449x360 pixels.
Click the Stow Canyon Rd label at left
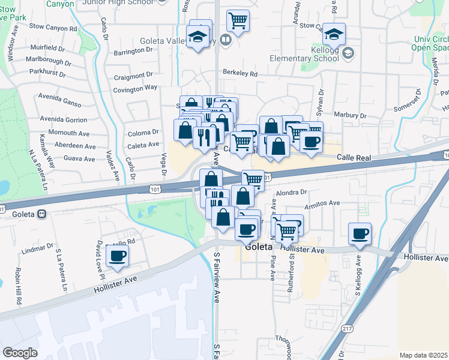(x=53, y=28)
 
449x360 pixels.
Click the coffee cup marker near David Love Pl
(x=117, y=256)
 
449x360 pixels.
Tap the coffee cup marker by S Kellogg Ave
(x=360, y=233)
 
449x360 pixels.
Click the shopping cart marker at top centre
(x=238, y=21)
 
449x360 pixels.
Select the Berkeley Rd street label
(x=240, y=74)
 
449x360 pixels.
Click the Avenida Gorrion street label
(x=62, y=119)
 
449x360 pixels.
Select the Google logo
(x=20, y=353)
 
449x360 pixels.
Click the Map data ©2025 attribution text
(x=423, y=355)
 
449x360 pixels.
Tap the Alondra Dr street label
(x=291, y=193)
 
